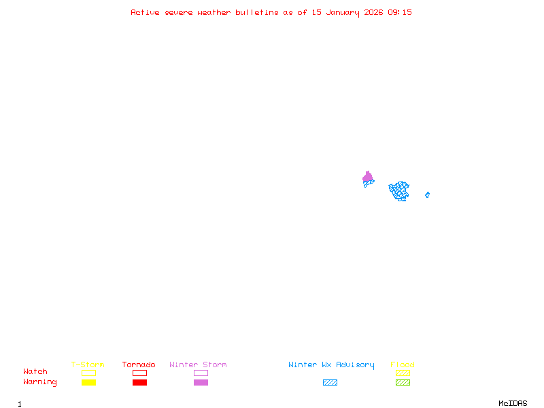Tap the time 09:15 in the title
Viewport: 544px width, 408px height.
pos(400,12)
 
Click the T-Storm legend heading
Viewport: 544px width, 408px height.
pos(88,364)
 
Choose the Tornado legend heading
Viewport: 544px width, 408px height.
pos(139,364)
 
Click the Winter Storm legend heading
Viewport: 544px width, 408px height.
pos(198,364)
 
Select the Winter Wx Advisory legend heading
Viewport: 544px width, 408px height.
pos(331,365)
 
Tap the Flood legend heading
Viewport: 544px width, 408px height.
pos(403,364)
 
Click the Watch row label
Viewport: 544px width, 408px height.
pos(35,371)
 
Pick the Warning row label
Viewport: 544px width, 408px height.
pos(40,382)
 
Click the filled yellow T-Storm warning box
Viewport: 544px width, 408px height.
pos(89,382)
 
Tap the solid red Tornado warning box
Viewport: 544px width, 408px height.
pos(140,382)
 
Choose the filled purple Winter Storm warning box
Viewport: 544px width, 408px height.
pos(201,382)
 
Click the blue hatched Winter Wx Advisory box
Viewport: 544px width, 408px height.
pos(330,382)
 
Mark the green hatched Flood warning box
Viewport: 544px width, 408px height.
pos(403,382)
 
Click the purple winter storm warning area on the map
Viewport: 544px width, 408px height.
pos(368,177)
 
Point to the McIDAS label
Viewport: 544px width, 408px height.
pos(513,403)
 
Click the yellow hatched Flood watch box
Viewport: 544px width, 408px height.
pos(403,373)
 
